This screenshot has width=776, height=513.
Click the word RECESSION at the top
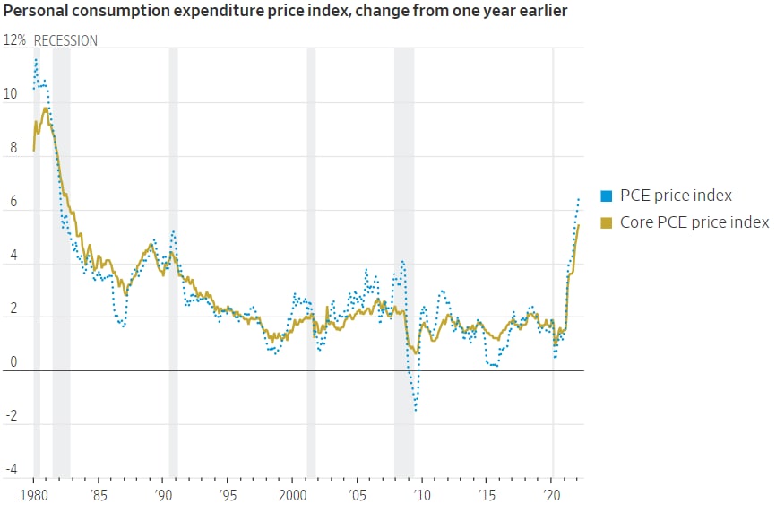tap(66, 41)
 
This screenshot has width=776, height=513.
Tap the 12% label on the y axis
tap(15, 41)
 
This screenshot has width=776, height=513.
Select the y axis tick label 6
tap(11, 204)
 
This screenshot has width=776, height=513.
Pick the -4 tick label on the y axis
tap(11, 469)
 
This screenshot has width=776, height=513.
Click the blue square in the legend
tap(607, 196)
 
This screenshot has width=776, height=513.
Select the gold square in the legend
tap(607, 222)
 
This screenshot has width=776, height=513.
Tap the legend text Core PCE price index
tap(694, 222)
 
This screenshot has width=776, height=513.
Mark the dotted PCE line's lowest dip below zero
tap(416, 411)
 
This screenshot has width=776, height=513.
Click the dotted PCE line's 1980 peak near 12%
tap(36, 59)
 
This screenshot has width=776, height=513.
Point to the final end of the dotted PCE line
tap(579, 198)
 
